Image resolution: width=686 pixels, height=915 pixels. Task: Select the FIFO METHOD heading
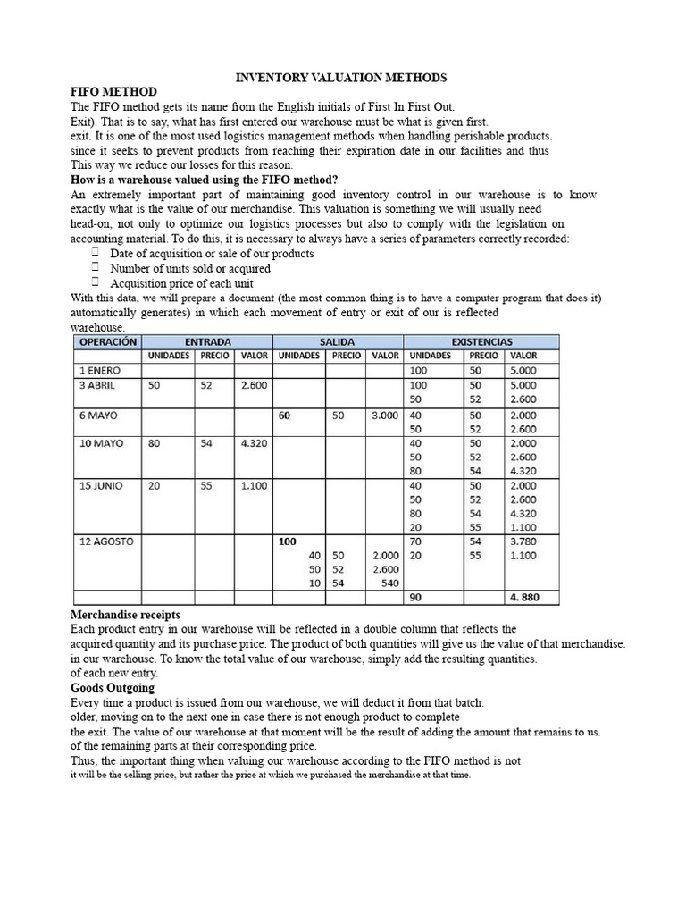click(x=113, y=92)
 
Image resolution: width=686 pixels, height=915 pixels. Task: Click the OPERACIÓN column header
click(x=108, y=341)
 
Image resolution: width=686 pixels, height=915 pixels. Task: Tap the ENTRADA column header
click(x=209, y=341)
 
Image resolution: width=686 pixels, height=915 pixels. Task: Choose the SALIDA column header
click(x=338, y=341)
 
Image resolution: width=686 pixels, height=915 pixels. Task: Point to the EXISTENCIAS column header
click(x=481, y=341)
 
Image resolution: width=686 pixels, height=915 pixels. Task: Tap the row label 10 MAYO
click(x=101, y=443)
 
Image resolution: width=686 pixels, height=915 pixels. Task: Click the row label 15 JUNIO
click(x=102, y=486)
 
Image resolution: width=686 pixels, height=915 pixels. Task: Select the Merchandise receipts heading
click(x=125, y=615)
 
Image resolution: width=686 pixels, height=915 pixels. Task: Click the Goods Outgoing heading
click(x=113, y=687)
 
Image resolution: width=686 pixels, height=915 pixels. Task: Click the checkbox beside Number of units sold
click(x=94, y=268)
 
